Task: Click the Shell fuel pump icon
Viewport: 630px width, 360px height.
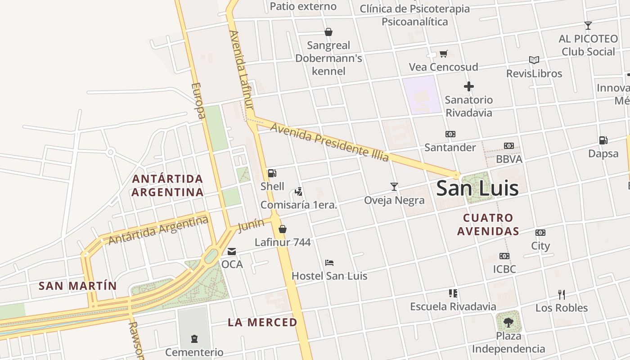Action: point(272,173)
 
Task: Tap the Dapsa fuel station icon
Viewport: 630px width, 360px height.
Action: point(603,140)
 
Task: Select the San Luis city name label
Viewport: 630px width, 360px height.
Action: point(477,188)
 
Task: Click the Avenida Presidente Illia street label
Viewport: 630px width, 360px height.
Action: point(329,142)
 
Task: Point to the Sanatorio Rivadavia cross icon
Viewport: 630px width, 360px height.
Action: point(469,86)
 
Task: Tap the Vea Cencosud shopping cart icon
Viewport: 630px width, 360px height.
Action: point(443,54)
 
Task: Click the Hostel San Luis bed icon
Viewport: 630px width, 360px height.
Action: point(329,263)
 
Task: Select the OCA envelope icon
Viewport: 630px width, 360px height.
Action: point(232,252)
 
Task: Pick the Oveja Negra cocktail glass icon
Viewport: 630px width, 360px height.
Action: point(394,187)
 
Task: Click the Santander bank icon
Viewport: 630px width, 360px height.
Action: point(450,134)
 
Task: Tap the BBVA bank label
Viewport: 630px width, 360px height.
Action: point(509,159)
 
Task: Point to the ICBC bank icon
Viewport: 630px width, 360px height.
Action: point(504,256)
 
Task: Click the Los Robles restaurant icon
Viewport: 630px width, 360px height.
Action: point(561,295)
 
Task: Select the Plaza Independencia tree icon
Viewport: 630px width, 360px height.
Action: point(508,322)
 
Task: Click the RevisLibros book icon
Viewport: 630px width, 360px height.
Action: point(534,60)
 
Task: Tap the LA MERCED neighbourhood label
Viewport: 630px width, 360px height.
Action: point(262,322)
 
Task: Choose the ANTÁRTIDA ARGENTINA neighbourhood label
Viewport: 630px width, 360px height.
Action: point(167,185)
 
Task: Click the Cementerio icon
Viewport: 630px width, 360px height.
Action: point(194,338)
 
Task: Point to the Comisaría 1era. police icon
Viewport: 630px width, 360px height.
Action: point(298,192)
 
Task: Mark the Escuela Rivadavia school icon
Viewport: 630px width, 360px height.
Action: point(453,293)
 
